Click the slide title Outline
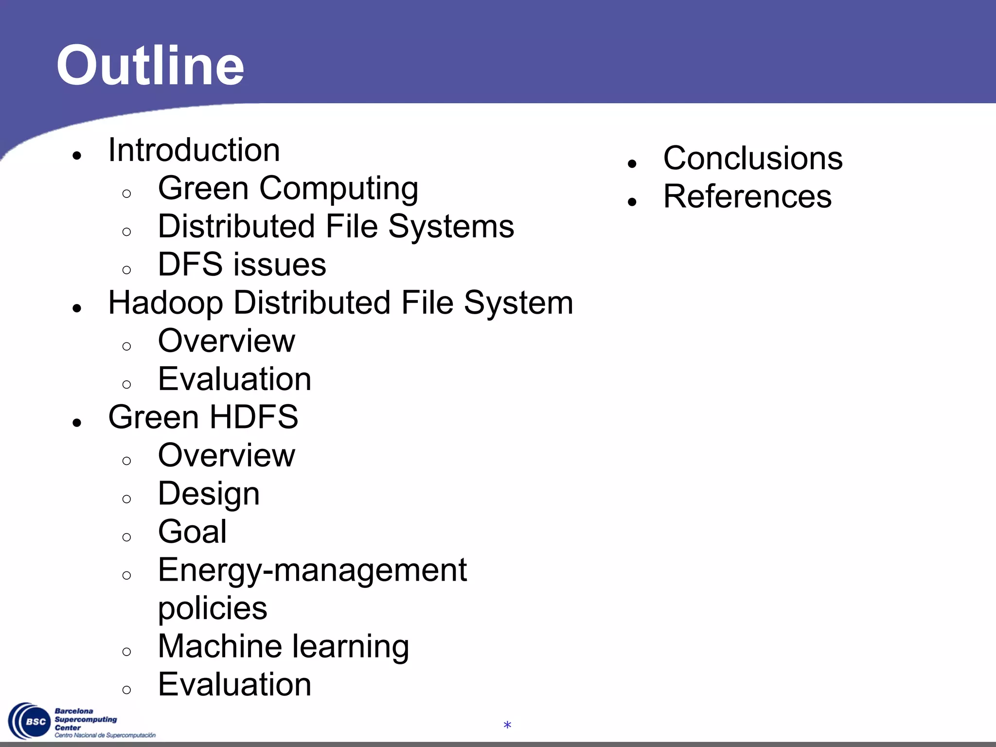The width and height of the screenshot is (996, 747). coord(150,66)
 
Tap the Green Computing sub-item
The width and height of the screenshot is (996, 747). coord(288,189)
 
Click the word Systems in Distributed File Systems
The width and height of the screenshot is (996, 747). coord(451,227)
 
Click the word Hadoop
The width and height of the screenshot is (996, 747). coord(165,303)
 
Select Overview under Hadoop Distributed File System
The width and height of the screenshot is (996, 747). coord(226,341)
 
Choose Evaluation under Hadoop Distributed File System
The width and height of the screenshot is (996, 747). coord(234,379)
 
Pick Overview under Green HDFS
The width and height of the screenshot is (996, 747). coord(226,456)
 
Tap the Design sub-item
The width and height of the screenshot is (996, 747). coord(209,494)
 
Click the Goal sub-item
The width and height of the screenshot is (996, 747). coord(192,532)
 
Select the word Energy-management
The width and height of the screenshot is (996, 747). coord(312,570)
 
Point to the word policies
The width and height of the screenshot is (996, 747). coord(213,608)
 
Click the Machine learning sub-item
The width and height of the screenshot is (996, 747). coord(283,647)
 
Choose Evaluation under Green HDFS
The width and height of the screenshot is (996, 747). coord(234,685)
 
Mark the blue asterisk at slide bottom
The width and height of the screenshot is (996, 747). coord(507,726)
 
